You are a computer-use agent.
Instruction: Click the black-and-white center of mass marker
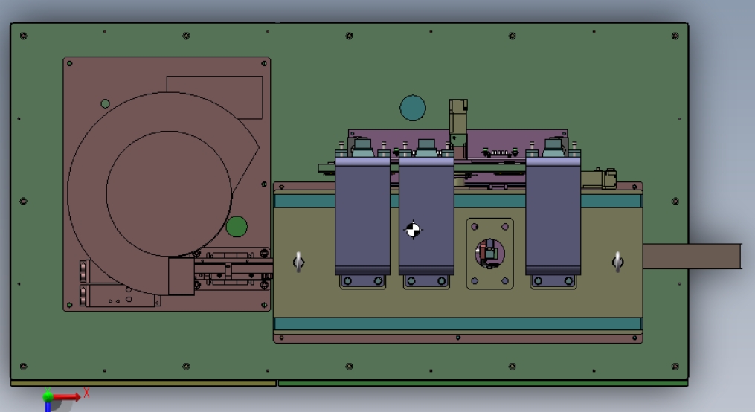pos(413,230)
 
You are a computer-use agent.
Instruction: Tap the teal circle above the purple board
pos(413,108)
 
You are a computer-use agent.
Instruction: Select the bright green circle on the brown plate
pos(237,227)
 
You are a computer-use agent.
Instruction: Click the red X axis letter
pos(87,393)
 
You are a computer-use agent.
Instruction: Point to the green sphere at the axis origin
pos(48,397)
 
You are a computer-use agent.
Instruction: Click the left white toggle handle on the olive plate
pos(298,263)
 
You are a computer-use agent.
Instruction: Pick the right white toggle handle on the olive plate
pos(618,263)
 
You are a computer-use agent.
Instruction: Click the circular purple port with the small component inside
pos(489,253)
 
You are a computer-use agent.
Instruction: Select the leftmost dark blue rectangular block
pos(362,216)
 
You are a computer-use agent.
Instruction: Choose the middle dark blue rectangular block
pos(426,216)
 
